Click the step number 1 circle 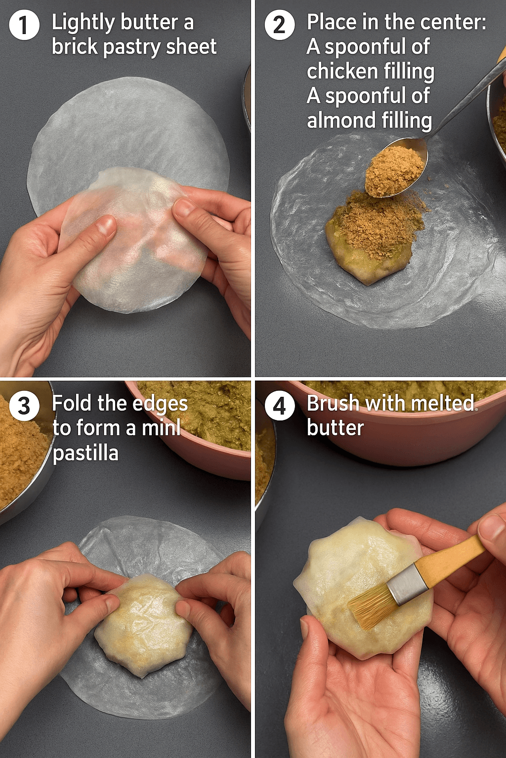point(24,25)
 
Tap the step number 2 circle point(279,25)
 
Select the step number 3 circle point(24,406)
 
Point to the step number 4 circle point(279,406)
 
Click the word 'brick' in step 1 point(75,46)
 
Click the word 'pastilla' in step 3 point(85,453)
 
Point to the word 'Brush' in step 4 point(333,403)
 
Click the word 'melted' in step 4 point(441,403)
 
